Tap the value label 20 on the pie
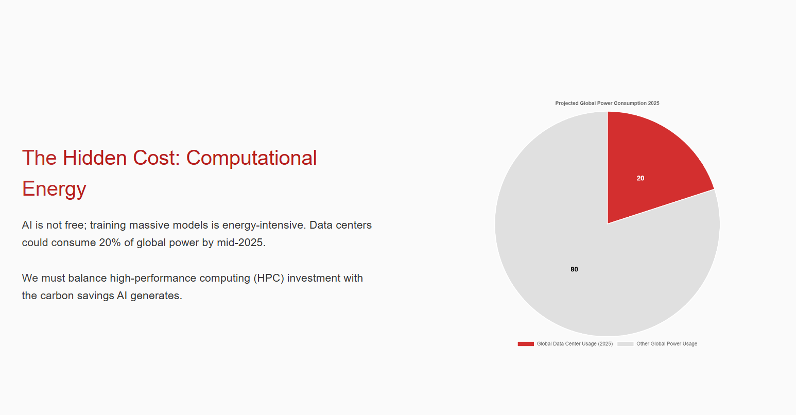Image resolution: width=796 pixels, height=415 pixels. click(641, 178)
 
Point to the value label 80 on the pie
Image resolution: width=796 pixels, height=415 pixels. click(574, 269)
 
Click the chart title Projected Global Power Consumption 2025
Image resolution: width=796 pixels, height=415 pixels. click(608, 103)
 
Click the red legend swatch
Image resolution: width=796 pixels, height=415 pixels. click(526, 344)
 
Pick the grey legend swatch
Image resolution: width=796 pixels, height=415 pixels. click(626, 344)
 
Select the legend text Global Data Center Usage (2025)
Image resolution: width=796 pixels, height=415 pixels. click(575, 344)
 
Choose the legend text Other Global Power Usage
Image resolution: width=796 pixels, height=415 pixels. click(667, 344)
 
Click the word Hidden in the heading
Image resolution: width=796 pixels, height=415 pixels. click(95, 158)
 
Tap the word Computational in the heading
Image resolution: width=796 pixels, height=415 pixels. click(251, 159)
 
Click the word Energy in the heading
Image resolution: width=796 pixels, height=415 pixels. click(54, 189)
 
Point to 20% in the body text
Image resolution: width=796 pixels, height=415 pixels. click(110, 243)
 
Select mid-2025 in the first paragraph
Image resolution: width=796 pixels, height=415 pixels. click(241, 243)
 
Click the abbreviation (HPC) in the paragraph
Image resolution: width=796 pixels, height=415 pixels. click(269, 278)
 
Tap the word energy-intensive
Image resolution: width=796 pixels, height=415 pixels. click(264, 226)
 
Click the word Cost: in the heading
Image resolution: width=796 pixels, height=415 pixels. click(157, 158)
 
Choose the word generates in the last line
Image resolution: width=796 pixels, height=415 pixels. click(156, 297)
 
